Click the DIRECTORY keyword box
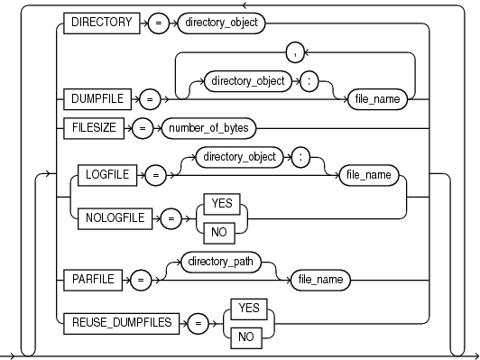click(x=102, y=23)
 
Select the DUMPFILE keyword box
click(x=97, y=99)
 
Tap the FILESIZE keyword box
click(x=94, y=128)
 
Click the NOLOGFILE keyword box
click(x=115, y=218)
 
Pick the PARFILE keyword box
click(x=93, y=280)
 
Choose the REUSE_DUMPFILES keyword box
click(x=121, y=323)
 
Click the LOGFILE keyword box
click(x=107, y=175)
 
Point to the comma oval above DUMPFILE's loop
click(x=295, y=52)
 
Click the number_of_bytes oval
click(x=208, y=128)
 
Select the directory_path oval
click(x=221, y=262)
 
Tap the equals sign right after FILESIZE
click(x=143, y=128)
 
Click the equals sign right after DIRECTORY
click(x=158, y=23)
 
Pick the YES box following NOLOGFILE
click(x=222, y=204)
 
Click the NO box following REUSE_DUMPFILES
click(x=246, y=338)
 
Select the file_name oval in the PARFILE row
click(x=320, y=280)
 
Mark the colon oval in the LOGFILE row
click(x=301, y=157)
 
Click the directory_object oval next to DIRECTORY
click(x=221, y=23)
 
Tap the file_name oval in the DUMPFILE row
click(x=377, y=99)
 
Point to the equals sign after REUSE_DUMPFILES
click(x=198, y=323)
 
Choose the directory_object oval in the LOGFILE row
click(x=240, y=157)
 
